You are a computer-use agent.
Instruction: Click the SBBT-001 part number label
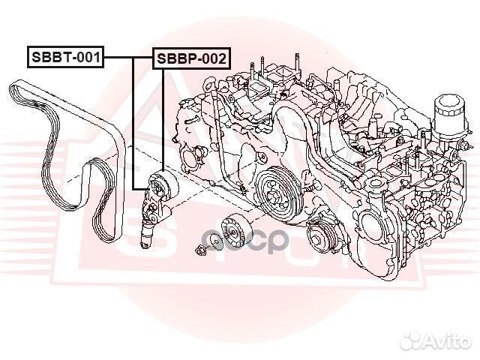(x=64, y=56)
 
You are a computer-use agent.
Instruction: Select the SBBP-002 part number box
(x=190, y=58)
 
